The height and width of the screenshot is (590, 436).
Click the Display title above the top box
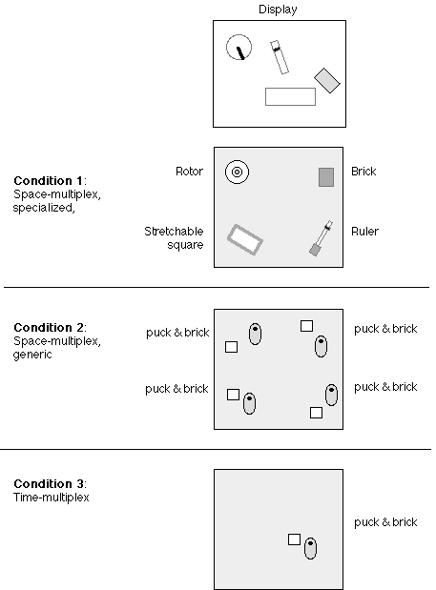tap(278, 10)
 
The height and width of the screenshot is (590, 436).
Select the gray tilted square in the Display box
tap(327, 80)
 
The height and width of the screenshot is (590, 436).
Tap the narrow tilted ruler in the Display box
tap(280, 57)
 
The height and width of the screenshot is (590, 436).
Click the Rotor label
tap(190, 172)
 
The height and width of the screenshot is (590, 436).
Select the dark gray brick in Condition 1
tap(326, 177)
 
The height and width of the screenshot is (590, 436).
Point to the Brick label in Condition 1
tap(363, 172)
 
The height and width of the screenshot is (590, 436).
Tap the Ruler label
tap(364, 231)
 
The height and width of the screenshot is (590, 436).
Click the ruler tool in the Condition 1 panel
tap(321, 238)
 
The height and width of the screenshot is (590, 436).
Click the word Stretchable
tap(174, 231)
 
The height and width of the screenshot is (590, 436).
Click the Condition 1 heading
tap(50, 180)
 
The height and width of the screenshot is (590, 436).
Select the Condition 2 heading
tap(50, 327)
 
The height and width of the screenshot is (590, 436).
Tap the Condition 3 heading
tap(50, 483)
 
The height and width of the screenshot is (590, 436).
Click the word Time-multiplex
tap(52, 498)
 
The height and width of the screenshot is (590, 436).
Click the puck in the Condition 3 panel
tap(310, 548)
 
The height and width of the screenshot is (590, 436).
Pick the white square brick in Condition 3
tap(294, 539)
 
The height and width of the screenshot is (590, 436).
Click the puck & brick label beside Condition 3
tap(385, 522)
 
